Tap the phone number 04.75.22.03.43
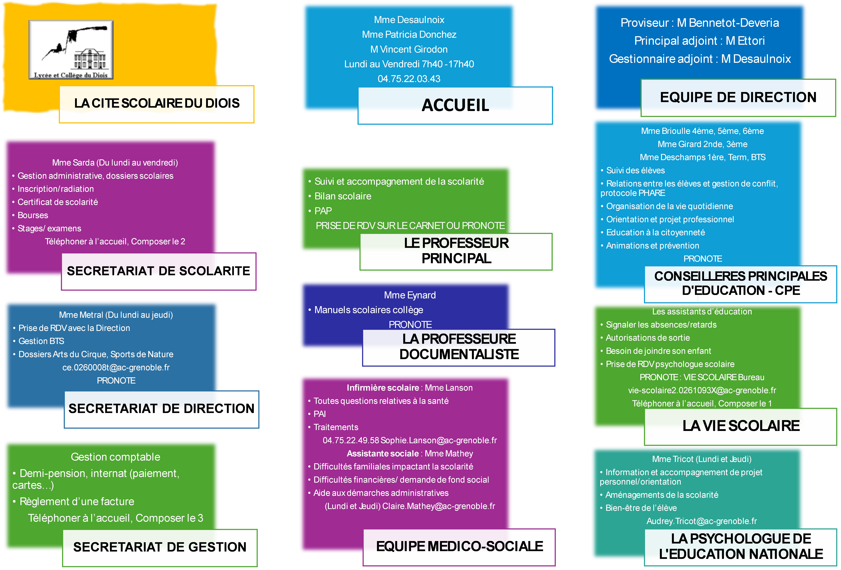(x=409, y=79)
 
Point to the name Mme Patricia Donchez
(x=409, y=34)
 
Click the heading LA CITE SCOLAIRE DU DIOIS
(x=157, y=103)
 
